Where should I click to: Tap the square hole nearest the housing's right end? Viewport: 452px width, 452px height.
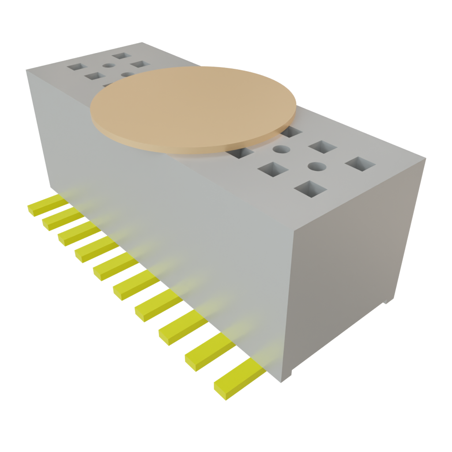point(360,164)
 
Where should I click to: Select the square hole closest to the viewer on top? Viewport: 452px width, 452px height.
point(310,189)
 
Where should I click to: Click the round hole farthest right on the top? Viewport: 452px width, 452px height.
point(316,167)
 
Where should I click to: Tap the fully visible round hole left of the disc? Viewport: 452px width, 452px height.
point(108,66)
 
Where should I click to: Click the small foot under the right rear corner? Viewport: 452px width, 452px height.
point(387,301)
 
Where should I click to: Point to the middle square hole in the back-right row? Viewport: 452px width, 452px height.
point(323,147)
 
